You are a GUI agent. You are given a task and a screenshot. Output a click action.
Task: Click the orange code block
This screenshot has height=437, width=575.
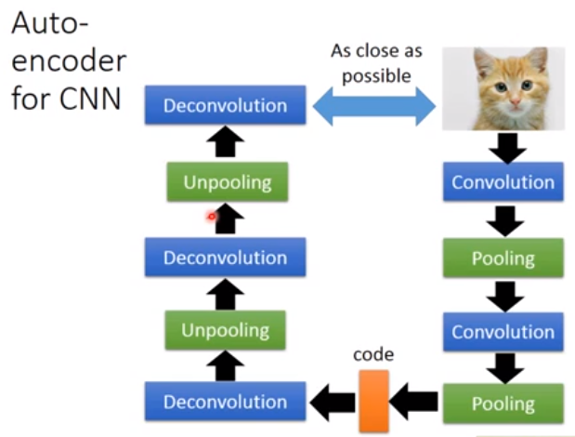coord(373,401)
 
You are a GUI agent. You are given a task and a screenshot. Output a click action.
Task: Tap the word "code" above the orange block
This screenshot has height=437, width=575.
coord(373,354)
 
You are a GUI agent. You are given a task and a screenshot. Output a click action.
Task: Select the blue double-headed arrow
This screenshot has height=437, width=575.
coord(373,108)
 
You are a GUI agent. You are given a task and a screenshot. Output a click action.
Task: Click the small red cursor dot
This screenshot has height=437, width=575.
coord(212,217)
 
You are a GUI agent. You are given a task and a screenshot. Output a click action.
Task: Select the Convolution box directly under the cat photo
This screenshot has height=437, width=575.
coord(503,182)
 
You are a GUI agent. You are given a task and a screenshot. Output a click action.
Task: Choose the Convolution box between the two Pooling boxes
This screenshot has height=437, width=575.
coord(503,332)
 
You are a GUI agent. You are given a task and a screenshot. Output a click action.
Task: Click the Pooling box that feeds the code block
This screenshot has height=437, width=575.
coord(503,404)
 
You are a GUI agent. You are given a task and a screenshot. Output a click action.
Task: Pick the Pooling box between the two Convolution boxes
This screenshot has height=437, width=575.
coord(503,258)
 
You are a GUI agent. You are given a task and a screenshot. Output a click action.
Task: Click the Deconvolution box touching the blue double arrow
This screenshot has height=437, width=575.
coord(225,106)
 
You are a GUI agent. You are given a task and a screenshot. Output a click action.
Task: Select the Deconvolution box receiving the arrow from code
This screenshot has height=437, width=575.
coord(225,402)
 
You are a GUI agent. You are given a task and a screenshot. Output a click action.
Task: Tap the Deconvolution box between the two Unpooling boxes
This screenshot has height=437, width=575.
coord(225,258)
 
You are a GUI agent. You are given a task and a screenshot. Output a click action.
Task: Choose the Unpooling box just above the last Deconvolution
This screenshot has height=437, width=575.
coord(226,330)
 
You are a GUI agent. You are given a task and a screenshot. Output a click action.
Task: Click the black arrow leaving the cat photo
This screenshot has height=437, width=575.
coord(503,145)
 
